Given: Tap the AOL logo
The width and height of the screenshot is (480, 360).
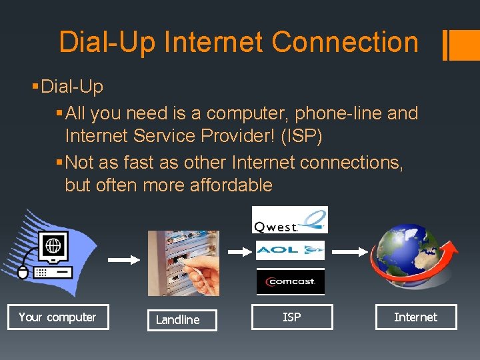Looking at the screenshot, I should [290, 250].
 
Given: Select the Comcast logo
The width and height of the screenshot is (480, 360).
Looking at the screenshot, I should [291, 281].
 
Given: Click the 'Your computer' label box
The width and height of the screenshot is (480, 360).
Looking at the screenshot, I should [57, 317].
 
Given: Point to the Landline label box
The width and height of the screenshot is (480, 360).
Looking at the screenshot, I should [177, 320].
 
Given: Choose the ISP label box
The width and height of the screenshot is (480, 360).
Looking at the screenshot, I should [291, 317].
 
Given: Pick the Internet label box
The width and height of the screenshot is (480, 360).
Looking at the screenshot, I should [415, 317].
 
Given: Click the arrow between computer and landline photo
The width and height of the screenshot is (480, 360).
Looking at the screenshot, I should [120, 261].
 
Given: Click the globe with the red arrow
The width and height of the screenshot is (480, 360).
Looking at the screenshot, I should [415, 257].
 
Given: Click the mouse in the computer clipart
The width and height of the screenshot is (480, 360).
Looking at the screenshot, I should [23, 272].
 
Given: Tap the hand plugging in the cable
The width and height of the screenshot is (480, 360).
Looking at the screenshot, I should [203, 269].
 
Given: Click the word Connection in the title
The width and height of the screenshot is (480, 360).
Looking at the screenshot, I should [345, 42].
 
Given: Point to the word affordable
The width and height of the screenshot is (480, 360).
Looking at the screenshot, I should [231, 185].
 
